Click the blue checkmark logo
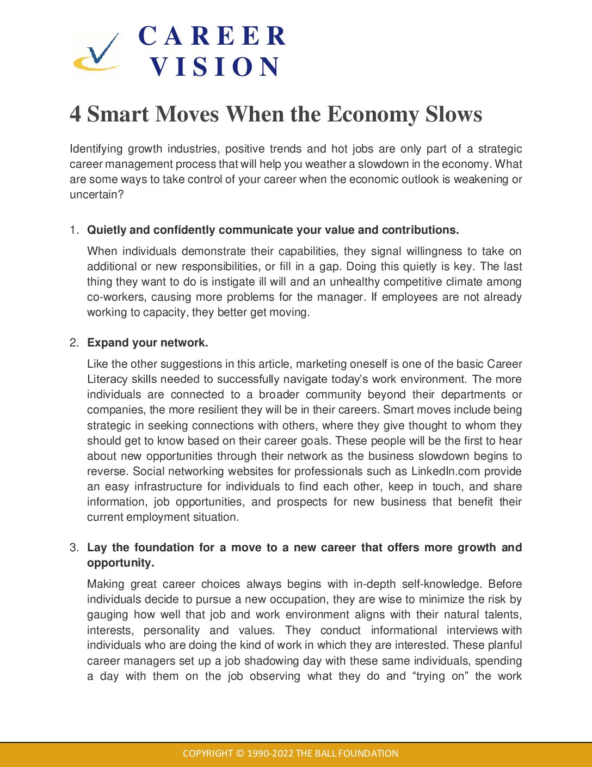[x=97, y=53]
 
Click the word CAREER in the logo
[x=212, y=36]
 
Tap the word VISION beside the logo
[x=215, y=67]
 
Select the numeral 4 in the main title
[x=75, y=114]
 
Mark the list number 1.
[x=74, y=230]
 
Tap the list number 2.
[x=74, y=343]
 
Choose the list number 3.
[x=74, y=548]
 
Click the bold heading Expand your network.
[x=147, y=343]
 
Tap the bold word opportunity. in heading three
[x=120, y=563]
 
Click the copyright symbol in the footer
[x=240, y=754]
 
